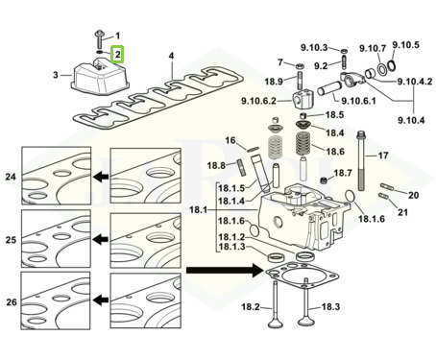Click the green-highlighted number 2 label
pos(117,54)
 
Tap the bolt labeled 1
pos(99,39)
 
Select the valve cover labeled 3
pos(100,76)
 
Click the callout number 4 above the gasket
pos(172,56)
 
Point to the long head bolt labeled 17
pos(361,160)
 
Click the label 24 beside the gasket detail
pos(11,177)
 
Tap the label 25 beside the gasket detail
pos(11,240)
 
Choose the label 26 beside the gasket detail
pos(12,301)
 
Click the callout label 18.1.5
pos(231,188)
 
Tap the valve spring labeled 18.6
pos(303,144)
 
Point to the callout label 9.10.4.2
pos(415,82)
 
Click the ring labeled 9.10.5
pos(392,65)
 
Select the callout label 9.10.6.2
pos(258,101)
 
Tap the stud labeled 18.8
pos(240,167)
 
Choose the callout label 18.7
pos(343,173)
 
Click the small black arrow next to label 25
pos(101,239)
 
